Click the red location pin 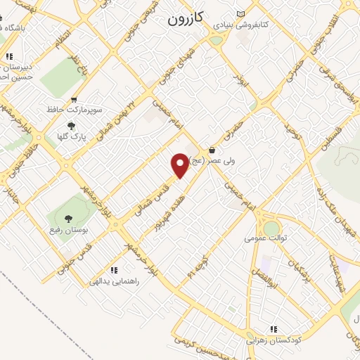pos(180,165)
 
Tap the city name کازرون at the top pos(185,20)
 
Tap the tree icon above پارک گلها pos(71,127)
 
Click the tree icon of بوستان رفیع pos(67,219)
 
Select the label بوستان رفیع pos(63,230)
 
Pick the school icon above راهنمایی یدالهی pos(112,270)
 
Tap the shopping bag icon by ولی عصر pos(212,150)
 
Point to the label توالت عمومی pos(266,238)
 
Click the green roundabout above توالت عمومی pos(271,228)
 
